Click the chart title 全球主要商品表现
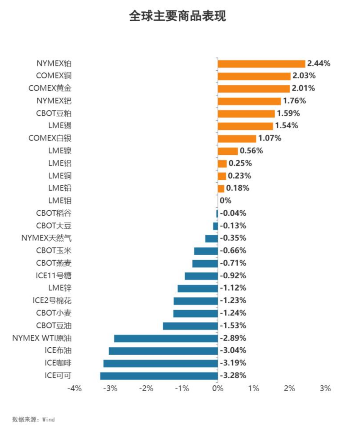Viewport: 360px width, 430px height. (177, 16)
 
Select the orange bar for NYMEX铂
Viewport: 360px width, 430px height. (261, 64)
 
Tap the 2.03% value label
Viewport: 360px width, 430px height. (304, 76)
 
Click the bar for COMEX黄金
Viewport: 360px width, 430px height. (254, 89)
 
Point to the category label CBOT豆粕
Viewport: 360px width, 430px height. (54, 113)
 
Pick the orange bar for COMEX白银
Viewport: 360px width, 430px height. (237, 138)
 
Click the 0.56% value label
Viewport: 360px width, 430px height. (251, 151)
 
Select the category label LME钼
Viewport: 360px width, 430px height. (60, 201)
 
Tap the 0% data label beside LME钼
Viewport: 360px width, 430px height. (225, 201)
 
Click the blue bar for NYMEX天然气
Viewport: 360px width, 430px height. (211, 238)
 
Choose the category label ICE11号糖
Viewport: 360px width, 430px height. (53, 276)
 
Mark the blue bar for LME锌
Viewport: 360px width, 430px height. (198, 288)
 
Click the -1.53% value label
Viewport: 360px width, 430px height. (233, 326)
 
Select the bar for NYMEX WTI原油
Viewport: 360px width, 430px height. (166, 339)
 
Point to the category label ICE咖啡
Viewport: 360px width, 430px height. (58, 363)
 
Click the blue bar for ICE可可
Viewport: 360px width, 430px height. (159, 376)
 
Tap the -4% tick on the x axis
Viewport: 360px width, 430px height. (74, 388)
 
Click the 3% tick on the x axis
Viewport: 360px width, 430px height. (325, 388)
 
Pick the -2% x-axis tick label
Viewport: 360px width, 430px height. (146, 388)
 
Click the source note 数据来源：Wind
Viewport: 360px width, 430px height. (33, 419)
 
